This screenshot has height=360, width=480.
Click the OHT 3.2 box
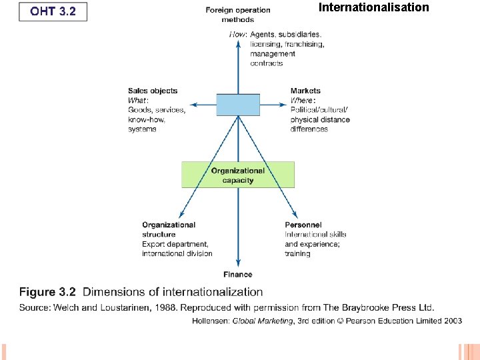[53, 11]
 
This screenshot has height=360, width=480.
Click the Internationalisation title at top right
[374, 8]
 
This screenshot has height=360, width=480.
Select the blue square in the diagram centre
[238, 105]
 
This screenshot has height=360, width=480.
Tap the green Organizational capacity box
[238, 175]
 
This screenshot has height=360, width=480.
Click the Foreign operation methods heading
[238, 15]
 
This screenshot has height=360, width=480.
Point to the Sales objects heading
[153, 91]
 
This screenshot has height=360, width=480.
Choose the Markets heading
[305, 91]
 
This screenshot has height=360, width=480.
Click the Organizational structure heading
[169, 229]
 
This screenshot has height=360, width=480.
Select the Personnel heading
[303, 225]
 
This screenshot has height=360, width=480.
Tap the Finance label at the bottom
[238, 274]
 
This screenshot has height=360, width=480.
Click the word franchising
[306, 44]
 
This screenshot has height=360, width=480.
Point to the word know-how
[147, 119]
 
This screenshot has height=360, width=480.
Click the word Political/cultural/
[319, 110]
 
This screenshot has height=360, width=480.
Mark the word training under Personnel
[297, 253]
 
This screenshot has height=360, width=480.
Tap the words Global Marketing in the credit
[263, 321]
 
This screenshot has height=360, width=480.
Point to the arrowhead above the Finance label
[238, 265]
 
